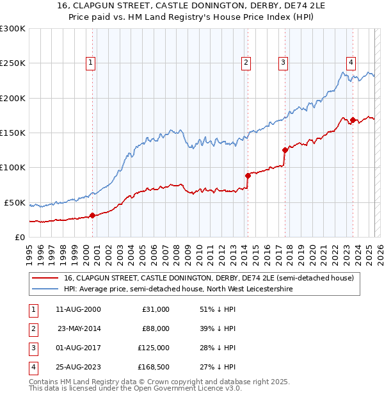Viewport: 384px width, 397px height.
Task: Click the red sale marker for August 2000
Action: click(92, 215)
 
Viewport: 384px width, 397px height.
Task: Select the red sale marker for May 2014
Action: click(247, 175)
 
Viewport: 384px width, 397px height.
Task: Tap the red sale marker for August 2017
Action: click(284, 150)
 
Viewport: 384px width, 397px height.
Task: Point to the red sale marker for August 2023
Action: click(353, 119)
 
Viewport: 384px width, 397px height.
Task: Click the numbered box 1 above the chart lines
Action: click(91, 62)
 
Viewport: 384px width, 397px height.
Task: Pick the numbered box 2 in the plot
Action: click(246, 62)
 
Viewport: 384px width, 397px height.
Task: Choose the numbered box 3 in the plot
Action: click(282, 62)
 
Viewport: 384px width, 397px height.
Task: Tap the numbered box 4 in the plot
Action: click(351, 62)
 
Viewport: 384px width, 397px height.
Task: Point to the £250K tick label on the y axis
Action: click(13, 63)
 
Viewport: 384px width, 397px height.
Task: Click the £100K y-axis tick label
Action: click(13, 167)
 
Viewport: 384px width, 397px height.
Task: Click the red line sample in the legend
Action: click(44, 278)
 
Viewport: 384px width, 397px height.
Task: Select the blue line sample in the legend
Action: click(44, 289)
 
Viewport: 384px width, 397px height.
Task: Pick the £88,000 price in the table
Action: click(156, 329)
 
